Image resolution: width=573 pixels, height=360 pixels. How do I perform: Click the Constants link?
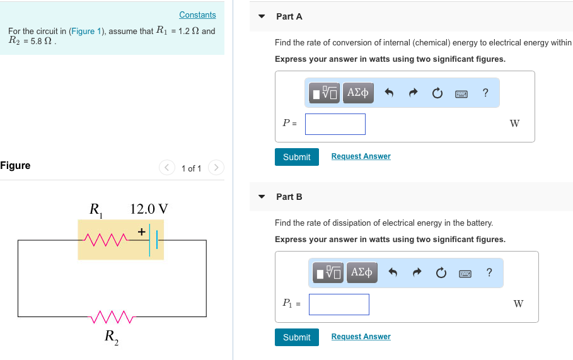coord(197,15)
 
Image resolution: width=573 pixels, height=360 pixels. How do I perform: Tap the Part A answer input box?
coord(335,124)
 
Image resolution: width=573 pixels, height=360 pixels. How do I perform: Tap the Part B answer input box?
coord(339,305)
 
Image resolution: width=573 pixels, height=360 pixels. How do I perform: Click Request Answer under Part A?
coord(361,156)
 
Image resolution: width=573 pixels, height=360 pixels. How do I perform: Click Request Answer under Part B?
coord(361,337)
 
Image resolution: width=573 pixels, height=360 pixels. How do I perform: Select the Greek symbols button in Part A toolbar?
coord(357,93)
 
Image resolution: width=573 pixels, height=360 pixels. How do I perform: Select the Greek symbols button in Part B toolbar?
coord(362,273)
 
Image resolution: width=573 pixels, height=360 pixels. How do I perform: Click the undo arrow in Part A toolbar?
coord(389,93)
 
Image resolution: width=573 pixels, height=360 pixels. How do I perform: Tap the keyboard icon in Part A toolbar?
coord(461,93)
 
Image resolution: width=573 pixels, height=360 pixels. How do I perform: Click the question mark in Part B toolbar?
coord(489,273)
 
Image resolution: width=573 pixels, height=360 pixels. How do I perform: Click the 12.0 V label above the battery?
coord(149,209)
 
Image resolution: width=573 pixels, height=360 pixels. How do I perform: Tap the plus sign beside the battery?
coord(141,232)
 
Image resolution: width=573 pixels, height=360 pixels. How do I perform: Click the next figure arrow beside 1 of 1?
coord(216,168)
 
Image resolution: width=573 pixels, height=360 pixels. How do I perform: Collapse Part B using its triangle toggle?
coord(262,197)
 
